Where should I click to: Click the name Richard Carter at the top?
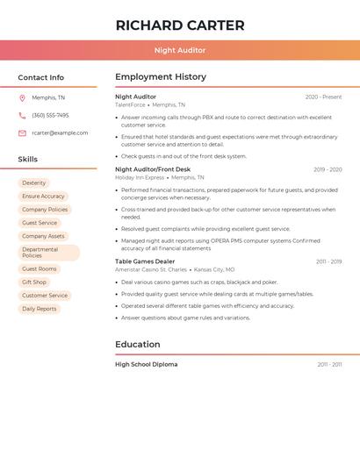[x=179, y=25]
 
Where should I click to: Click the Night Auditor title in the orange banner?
[x=179, y=50]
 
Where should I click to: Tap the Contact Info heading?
[x=41, y=77]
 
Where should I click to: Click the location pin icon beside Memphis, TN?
[x=22, y=98]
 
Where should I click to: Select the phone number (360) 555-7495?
[x=50, y=115]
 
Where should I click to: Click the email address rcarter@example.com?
[x=60, y=132]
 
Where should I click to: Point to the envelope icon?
[x=22, y=133]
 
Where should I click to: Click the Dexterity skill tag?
[x=34, y=183]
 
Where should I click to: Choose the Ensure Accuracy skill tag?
[x=43, y=197]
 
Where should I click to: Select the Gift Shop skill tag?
[x=34, y=283]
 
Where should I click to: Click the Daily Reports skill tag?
[x=40, y=309]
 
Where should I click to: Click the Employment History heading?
[x=160, y=77]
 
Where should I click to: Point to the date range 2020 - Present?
[x=323, y=97]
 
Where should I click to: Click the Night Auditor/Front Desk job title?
[x=152, y=169]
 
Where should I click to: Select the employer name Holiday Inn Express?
[x=140, y=177]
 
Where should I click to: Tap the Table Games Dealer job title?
[x=145, y=261]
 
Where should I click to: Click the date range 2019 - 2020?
[x=328, y=169]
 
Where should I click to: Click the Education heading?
[x=139, y=345]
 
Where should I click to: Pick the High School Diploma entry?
[x=146, y=364]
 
